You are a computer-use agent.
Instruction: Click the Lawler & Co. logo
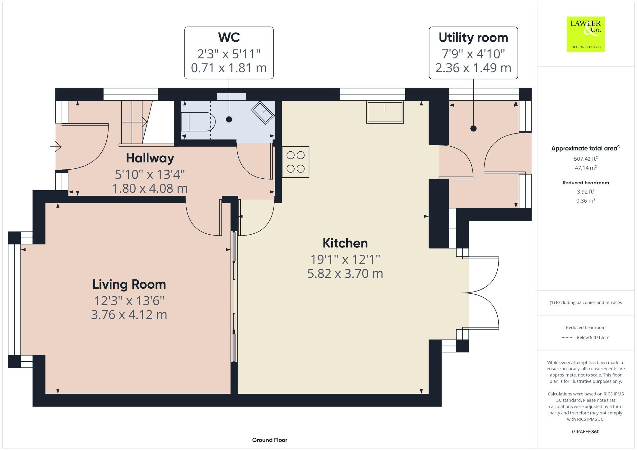point(585,34)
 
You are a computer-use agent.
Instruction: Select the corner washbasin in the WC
point(263,112)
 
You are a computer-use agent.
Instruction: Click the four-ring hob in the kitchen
point(295,162)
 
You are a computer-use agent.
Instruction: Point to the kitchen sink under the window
point(385,112)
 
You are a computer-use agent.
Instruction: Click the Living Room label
point(129,284)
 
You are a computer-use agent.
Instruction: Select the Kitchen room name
point(345,243)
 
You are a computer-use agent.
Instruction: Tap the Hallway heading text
point(150,158)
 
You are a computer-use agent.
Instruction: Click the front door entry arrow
point(56,146)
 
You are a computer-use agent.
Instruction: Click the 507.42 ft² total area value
point(586,159)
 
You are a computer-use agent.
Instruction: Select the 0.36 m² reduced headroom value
point(586,201)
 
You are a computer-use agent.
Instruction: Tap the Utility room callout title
point(473,38)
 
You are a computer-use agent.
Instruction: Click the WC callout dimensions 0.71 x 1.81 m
point(229,68)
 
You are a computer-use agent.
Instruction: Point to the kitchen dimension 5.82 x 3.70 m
point(345,273)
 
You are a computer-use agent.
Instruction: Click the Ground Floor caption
point(270,440)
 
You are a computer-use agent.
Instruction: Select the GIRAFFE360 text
point(586,432)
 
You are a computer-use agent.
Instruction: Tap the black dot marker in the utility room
point(473,128)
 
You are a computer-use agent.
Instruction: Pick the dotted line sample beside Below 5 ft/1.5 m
point(567,337)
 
